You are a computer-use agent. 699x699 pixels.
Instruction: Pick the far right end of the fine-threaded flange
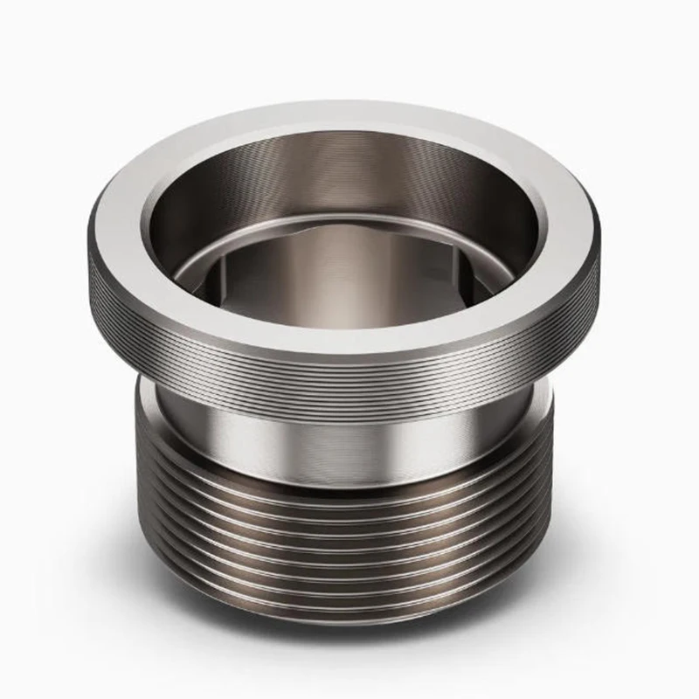pyautogui.click(x=601, y=271)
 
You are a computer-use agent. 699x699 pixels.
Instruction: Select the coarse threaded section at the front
pyautogui.click(x=349, y=542)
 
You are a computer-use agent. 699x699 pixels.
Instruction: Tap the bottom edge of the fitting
pyautogui.click(x=349, y=622)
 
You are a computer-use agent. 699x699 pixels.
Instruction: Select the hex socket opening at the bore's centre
pyautogui.click(x=349, y=262)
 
